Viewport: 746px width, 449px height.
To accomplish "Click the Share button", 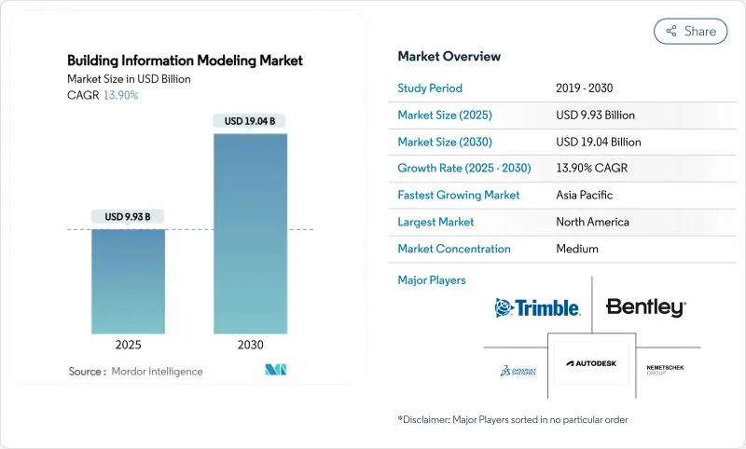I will point(691,31).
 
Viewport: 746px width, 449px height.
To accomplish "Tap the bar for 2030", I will point(251,233).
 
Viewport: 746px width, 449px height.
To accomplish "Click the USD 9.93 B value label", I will point(129,217).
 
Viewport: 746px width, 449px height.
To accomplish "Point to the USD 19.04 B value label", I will point(251,120).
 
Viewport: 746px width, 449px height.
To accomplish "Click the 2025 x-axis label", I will point(129,344).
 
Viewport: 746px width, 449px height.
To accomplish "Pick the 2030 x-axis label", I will point(251,344).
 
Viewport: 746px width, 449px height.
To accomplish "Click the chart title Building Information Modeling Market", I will point(185,61).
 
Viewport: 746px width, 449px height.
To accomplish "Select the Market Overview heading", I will point(449,56).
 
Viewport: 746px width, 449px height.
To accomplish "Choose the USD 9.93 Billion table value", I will point(595,116).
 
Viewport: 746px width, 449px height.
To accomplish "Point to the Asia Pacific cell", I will point(584,196).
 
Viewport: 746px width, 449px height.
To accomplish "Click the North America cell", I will point(592,222).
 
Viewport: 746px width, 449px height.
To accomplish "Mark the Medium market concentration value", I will point(577,249).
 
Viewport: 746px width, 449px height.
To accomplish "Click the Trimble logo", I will point(537,307).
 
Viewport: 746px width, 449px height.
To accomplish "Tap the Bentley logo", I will point(645,307).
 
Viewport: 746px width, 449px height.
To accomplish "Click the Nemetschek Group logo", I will point(665,369).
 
